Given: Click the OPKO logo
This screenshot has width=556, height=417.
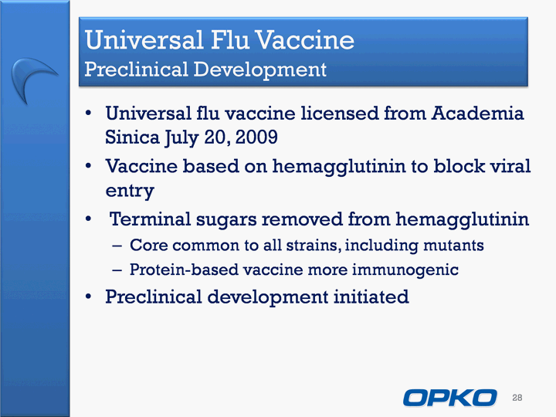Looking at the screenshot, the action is (449, 398).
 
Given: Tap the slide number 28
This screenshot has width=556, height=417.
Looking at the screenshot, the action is (517, 398).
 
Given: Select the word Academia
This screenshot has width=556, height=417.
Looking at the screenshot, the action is (478, 114).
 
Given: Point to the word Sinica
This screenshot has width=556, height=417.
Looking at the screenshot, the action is (132, 137).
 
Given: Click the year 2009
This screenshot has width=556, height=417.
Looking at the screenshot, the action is (256, 137).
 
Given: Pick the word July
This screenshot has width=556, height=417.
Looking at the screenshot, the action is (181, 137).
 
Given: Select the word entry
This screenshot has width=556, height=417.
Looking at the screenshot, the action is (130, 191).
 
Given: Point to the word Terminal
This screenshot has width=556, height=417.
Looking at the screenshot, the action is (150, 219).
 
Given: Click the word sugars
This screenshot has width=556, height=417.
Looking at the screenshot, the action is (226, 221).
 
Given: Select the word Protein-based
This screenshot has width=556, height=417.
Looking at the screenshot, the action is (184, 270).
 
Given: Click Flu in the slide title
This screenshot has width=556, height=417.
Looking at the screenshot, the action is (230, 39).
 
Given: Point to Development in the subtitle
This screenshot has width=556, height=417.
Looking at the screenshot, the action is (260, 69).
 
